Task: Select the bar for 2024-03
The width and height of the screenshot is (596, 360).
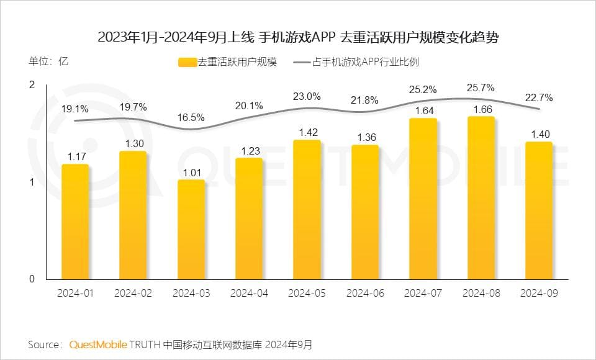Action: click(191, 230)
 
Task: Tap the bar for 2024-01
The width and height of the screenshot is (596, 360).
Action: click(75, 222)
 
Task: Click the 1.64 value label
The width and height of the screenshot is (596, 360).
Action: click(423, 111)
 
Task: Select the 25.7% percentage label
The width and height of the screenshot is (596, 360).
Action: click(481, 88)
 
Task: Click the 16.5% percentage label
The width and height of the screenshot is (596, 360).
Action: click(191, 117)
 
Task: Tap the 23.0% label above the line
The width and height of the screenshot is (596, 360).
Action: click(307, 96)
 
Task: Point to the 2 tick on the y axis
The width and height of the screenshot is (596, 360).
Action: click(32, 85)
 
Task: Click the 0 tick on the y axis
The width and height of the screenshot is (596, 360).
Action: click(32, 279)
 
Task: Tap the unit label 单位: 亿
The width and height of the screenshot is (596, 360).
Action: click(48, 61)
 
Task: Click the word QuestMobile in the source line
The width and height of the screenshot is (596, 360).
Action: click(98, 344)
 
